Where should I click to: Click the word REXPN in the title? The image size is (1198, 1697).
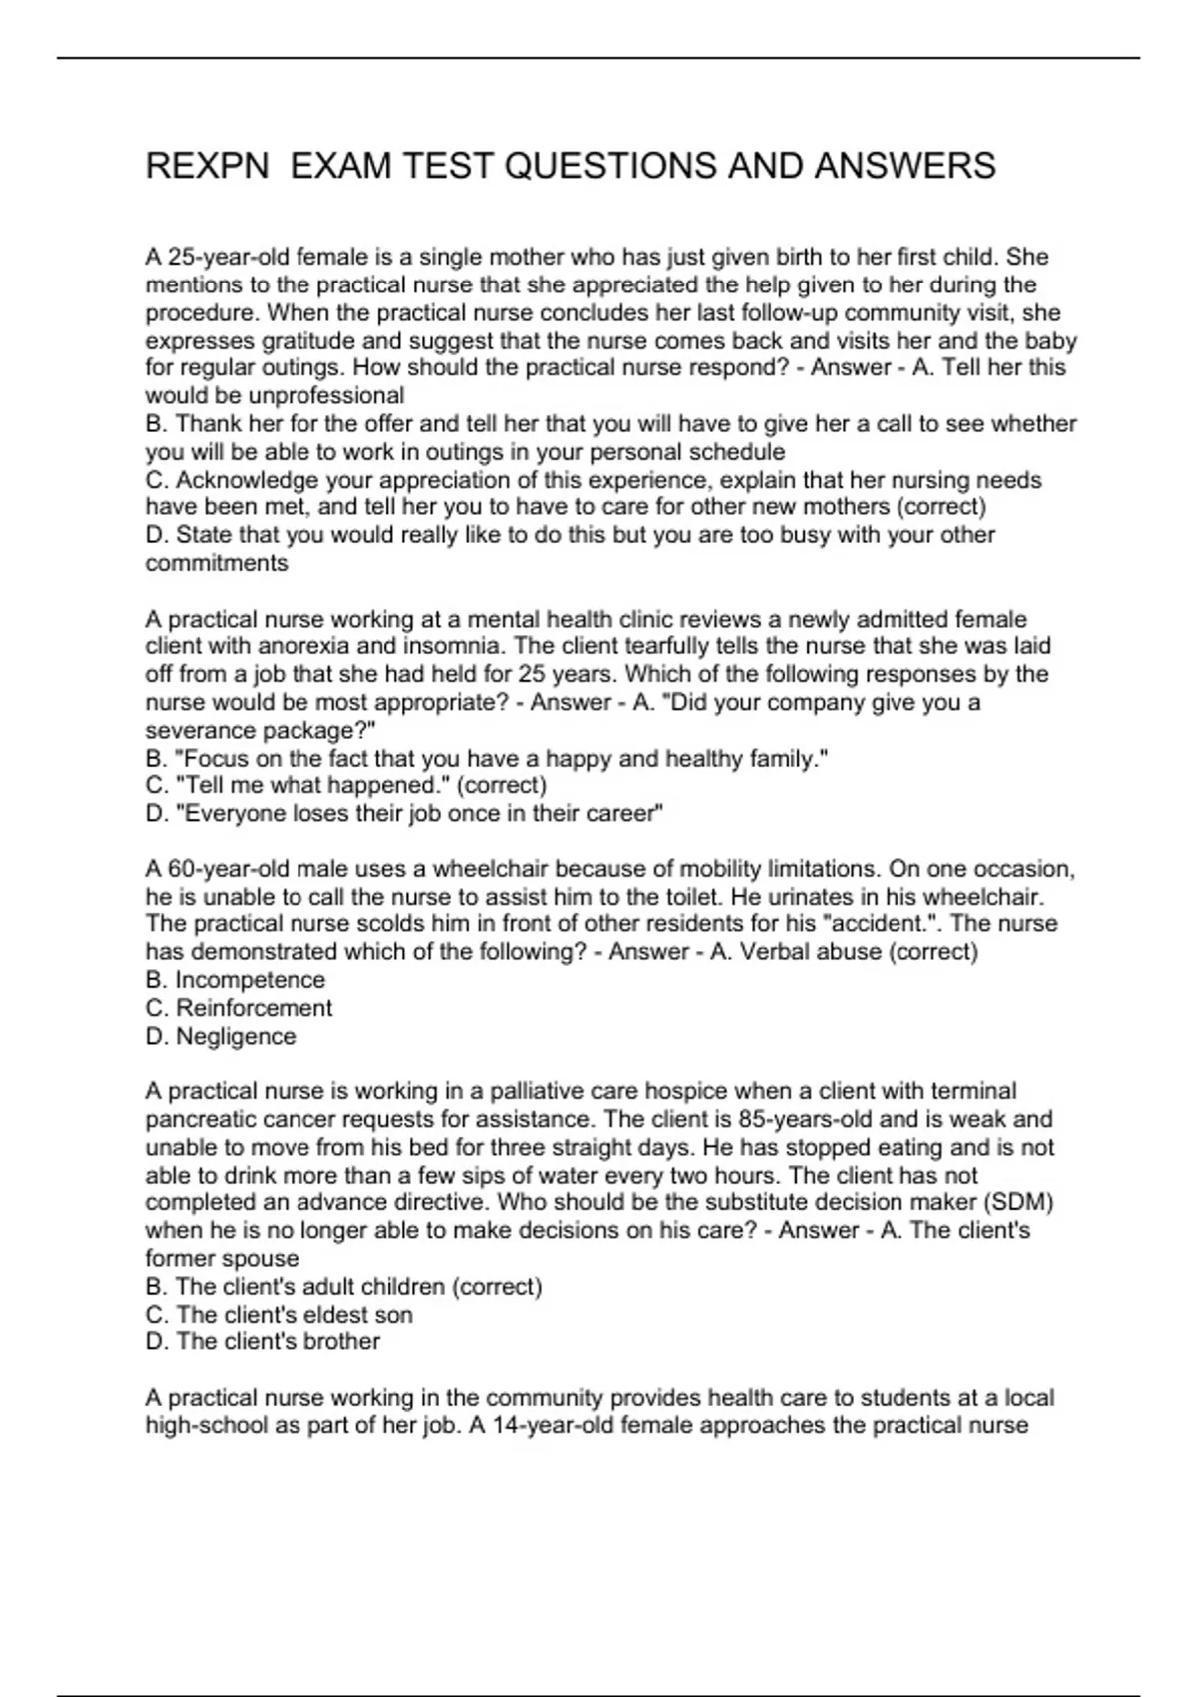207,166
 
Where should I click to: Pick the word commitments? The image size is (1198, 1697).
217,563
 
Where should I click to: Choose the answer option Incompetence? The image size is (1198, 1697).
251,980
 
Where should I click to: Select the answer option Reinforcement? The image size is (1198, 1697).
254,1008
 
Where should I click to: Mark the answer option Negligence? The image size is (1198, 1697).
236,1036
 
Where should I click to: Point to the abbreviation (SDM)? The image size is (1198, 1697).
1017,1202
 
